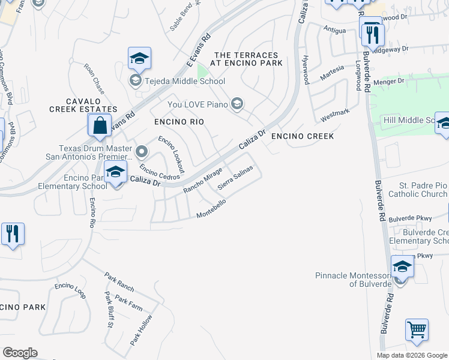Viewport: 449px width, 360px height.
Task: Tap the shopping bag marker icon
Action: (x=100, y=126)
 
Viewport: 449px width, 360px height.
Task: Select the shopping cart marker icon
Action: (x=417, y=330)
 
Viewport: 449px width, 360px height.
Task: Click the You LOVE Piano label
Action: (x=197, y=105)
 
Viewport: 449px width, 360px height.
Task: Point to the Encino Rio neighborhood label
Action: (x=179, y=122)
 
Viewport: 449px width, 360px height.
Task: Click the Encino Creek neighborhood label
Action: (x=302, y=136)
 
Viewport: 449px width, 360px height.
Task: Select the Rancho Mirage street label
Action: (x=203, y=181)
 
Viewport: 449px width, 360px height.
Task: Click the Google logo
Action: (x=20, y=353)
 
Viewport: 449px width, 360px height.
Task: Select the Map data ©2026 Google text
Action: (x=412, y=355)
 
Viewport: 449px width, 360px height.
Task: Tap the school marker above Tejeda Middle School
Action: (x=139, y=59)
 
